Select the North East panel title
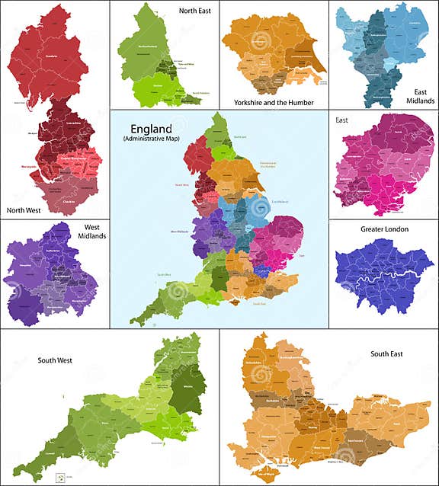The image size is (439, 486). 195,11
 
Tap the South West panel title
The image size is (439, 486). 54,360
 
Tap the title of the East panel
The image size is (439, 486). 341,120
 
